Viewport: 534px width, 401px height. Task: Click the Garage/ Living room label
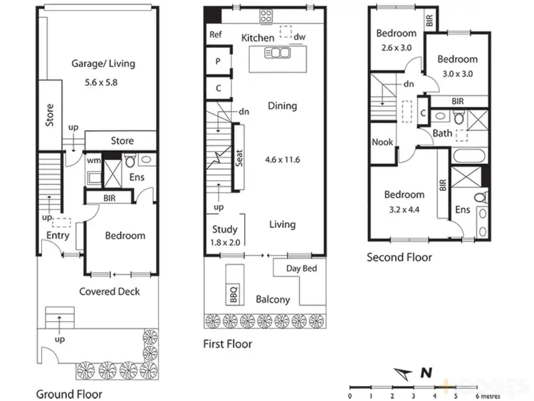click(x=103, y=63)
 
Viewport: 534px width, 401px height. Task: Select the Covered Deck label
click(x=109, y=291)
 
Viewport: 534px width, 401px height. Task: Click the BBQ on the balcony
click(x=234, y=294)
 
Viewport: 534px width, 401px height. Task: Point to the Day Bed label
click(x=301, y=269)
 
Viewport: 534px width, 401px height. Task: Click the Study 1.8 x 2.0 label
click(x=225, y=236)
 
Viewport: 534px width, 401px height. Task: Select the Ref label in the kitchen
click(x=215, y=34)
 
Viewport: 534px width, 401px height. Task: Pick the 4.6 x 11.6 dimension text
click(x=282, y=160)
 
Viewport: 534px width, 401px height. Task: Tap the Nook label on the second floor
click(x=382, y=142)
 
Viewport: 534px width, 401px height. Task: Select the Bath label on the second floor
click(x=442, y=133)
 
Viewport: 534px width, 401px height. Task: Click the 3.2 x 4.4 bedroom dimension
click(x=404, y=209)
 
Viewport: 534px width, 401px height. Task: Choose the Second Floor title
click(x=399, y=257)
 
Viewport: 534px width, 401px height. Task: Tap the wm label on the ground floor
click(x=93, y=160)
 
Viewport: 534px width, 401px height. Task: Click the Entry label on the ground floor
click(x=57, y=236)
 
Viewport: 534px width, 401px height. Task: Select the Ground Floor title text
click(x=69, y=393)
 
